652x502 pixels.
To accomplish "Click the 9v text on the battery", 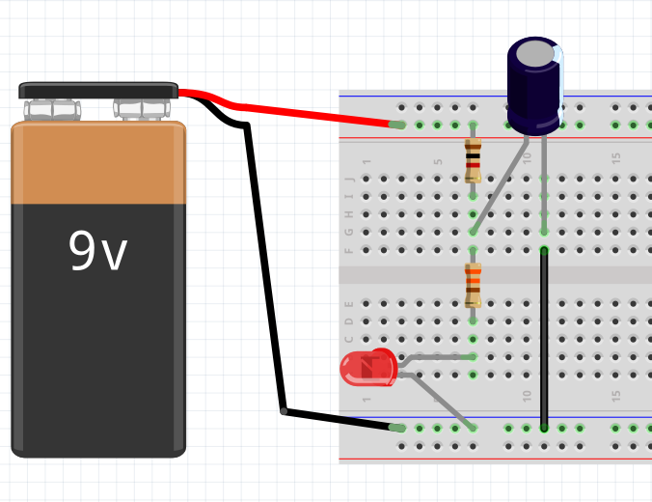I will click(x=97, y=251).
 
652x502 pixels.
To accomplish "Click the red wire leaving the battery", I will click(x=309, y=113).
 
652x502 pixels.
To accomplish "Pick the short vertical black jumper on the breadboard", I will click(x=544, y=338).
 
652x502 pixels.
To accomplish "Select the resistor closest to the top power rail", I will click(x=473, y=160).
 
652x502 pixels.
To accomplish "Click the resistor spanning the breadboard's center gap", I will click(x=473, y=285).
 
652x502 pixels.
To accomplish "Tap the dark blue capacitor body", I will click(x=534, y=87).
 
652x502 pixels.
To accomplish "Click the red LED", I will click(x=367, y=368).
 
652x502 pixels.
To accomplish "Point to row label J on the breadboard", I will click(x=350, y=179).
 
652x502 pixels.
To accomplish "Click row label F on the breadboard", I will click(x=350, y=250).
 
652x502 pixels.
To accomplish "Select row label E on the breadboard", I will click(x=350, y=303).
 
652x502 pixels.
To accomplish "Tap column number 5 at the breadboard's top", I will click(x=437, y=161).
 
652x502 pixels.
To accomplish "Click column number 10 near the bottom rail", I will click(x=527, y=396).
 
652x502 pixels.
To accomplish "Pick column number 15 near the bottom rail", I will click(x=615, y=396).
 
